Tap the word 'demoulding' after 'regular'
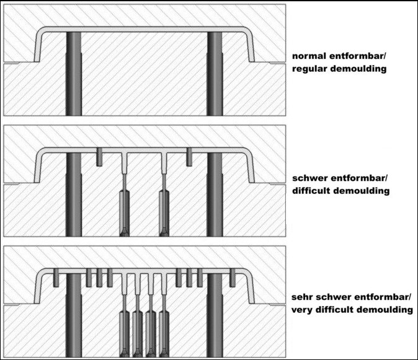(x=360, y=69)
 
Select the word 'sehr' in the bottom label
(x=302, y=296)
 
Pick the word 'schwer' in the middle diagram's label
(x=310, y=178)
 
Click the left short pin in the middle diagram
(x=99, y=157)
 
